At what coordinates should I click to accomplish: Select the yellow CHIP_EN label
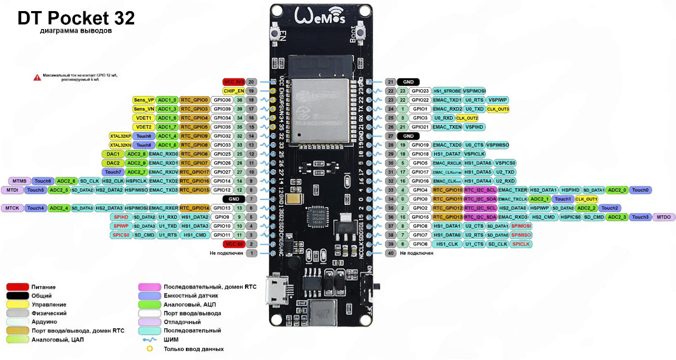point(234,91)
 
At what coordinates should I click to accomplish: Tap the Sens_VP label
point(144,100)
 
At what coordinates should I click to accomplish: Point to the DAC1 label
point(112,154)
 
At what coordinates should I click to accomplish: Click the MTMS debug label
point(20,181)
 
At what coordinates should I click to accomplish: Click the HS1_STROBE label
point(447,91)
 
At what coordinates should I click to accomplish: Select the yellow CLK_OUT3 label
point(498,109)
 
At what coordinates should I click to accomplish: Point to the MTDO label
point(664,217)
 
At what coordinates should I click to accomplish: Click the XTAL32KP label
point(120,136)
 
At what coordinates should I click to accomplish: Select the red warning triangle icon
point(37,77)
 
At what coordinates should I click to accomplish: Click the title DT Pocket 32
point(76,18)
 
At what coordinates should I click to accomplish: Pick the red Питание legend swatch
point(17,287)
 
